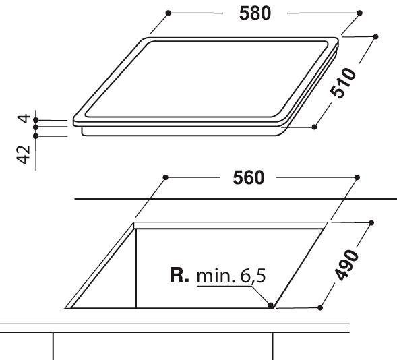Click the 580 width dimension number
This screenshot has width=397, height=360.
coord(255,13)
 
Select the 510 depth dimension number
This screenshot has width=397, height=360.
coord(343,82)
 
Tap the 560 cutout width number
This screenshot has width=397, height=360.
coord(249,177)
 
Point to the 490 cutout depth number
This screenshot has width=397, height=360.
coord(346,265)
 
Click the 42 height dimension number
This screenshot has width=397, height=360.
coord(24,154)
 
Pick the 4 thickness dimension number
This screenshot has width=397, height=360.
coord(24,119)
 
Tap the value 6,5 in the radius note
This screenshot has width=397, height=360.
coord(253,276)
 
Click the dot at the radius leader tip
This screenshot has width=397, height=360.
coord(270,305)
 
